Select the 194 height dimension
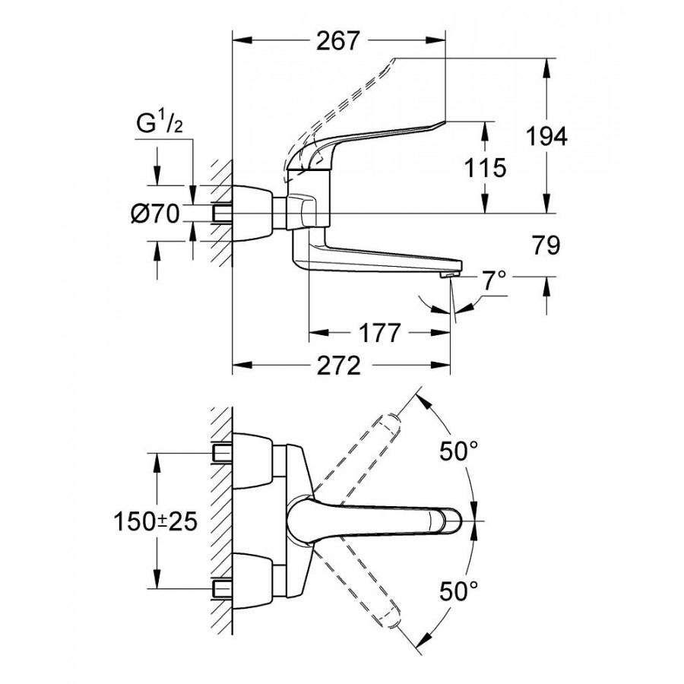548,137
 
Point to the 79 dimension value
546,245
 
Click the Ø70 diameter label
154,214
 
